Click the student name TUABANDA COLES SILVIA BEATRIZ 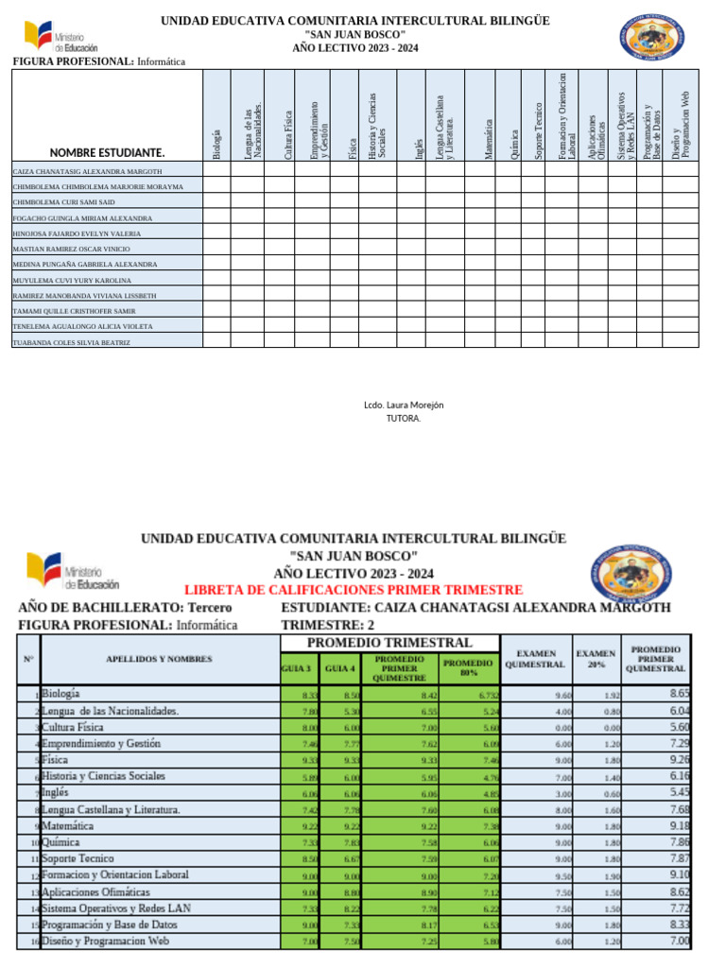click(x=71, y=342)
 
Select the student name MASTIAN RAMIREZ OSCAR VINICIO click(x=71, y=249)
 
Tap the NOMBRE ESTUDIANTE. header click(x=107, y=152)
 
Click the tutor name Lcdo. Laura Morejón click(x=404, y=405)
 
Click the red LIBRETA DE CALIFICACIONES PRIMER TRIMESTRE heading click(x=353, y=589)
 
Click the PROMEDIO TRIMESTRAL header click(x=389, y=643)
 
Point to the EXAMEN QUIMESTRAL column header click(x=535, y=658)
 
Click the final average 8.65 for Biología click(x=680, y=693)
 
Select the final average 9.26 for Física click(x=680, y=758)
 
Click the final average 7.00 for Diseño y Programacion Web click(x=680, y=942)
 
